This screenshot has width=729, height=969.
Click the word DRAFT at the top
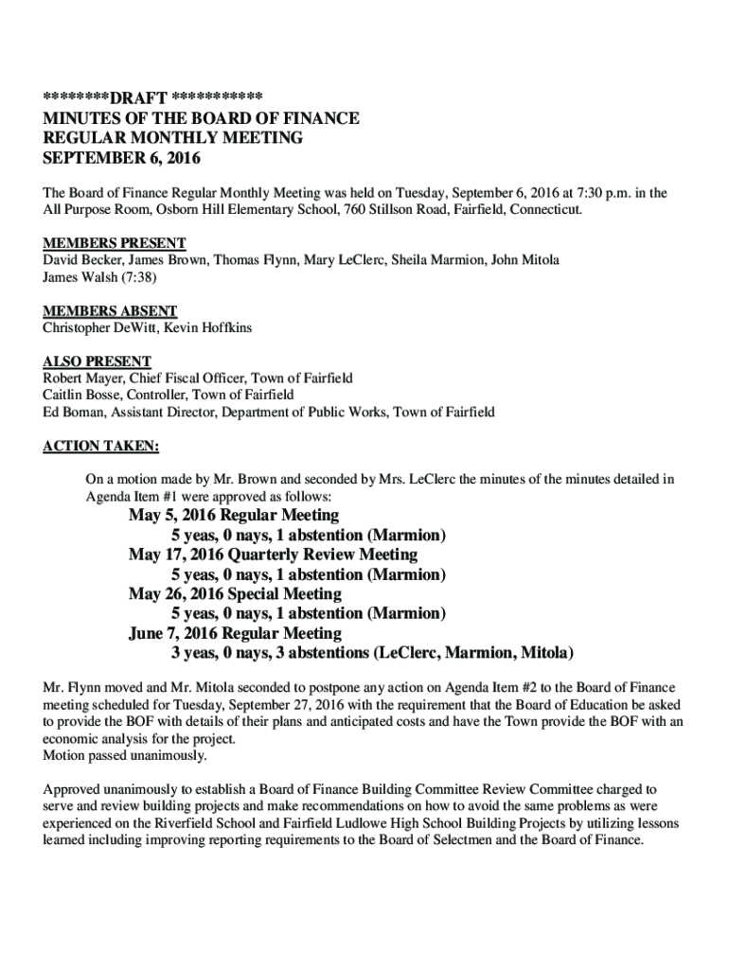pyautogui.click(x=138, y=98)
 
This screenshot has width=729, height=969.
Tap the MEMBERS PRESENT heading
pyautogui.click(x=114, y=243)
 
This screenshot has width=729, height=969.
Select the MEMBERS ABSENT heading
pyautogui.click(x=110, y=311)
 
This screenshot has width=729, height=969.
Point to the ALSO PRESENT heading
pyautogui.click(x=97, y=361)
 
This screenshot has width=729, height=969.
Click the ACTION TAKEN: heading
pyautogui.click(x=101, y=446)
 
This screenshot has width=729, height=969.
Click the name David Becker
pyautogui.click(x=81, y=259)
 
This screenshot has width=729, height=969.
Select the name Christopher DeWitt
pyautogui.click(x=98, y=327)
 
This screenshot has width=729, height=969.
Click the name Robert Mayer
pyautogui.click(x=82, y=378)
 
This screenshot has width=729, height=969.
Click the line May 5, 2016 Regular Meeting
pyautogui.click(x=233, y=516)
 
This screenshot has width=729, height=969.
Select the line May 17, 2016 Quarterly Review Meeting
pyautogui.click(x=273, y=555)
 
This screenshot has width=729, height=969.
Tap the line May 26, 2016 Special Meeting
pyautogui.click(x=235, y=594)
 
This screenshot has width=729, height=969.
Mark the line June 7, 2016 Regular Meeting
pyautogui.click(x=235, y=633)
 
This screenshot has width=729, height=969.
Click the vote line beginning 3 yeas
pyautogui.click(x=372, y=653)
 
